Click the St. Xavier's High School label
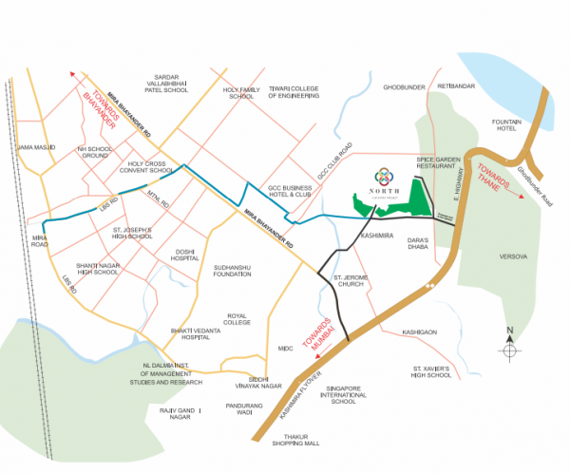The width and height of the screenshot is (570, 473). pyautogui.click(x=431, y=371)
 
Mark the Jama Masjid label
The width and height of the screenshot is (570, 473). pyautogui.click(x=38, y=148)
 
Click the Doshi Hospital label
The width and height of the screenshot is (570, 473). pyautogui.click(x=186, y=255)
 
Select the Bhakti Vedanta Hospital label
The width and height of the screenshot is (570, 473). pyautogui.click(x=181, y=332)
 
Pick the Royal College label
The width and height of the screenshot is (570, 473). pyautogui.click(x=237, y=318)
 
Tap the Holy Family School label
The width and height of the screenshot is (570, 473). pyautogui.click(x=240, y=92)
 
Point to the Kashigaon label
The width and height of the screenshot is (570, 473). pyautogui.click(x=419, y=332)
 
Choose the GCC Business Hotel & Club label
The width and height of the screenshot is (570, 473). pyautogui.click(x=289, y=193)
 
